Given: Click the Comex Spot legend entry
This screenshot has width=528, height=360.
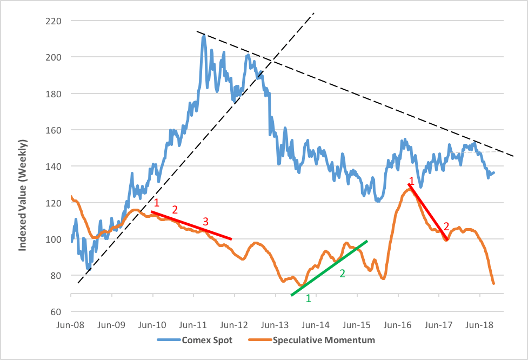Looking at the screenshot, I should pos(204,341).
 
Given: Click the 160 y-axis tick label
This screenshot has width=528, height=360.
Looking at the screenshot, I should pos(55,130).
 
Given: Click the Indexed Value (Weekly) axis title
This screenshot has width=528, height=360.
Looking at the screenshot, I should pos(23,195).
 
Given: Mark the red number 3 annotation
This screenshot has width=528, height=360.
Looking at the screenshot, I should pos(205,221).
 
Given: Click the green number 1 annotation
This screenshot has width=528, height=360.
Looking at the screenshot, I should pos(309,298).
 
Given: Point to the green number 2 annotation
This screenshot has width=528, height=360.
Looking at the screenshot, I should pos(342,274).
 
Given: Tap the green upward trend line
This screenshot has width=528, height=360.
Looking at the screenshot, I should pos(329,268).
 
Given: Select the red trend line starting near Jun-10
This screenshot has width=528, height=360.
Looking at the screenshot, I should pos(192,225).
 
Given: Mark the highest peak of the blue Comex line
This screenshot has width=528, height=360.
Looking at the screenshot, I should pos(203,36).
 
